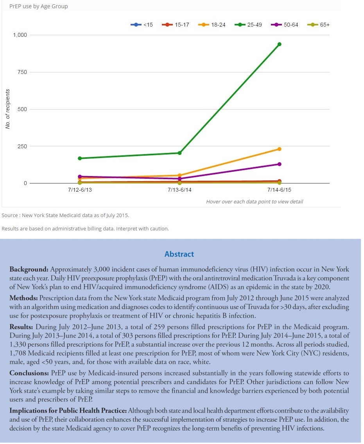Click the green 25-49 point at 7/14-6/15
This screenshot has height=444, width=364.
tap(280, 44)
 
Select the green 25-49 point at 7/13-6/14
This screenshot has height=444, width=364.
tap(179, 153)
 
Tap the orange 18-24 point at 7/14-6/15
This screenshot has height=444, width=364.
tap(280, 149)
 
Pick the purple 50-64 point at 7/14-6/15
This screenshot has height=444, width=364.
tap(280, 164)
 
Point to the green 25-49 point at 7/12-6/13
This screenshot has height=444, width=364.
tap(80, 158)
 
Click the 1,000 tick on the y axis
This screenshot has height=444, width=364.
tap(20, 35)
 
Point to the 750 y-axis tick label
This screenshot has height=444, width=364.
tap(22, 72)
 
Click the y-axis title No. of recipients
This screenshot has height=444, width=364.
tap(7, 109)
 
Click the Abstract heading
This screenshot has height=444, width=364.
tap(179, 254)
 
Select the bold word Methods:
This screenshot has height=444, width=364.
tap(22, 298)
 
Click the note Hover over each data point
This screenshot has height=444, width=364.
tap(255, 201)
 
